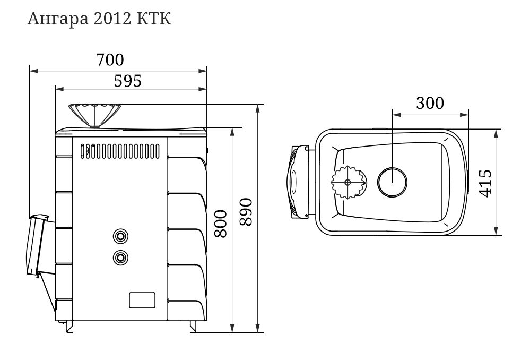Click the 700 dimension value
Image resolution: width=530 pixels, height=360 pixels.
[110, 60]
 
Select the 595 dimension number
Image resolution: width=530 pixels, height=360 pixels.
[127, 81]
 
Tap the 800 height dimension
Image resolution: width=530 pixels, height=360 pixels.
[221, 224]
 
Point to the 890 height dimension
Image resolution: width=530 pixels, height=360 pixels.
[246, 212]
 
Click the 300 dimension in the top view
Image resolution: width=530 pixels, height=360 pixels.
[430, 103]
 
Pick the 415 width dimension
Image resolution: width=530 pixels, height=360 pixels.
[485, 183]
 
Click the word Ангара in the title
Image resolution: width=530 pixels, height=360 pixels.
[58, 19]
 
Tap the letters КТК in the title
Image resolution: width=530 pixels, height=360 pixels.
[154, 19]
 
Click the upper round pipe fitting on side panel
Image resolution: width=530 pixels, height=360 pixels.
[120, 236]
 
